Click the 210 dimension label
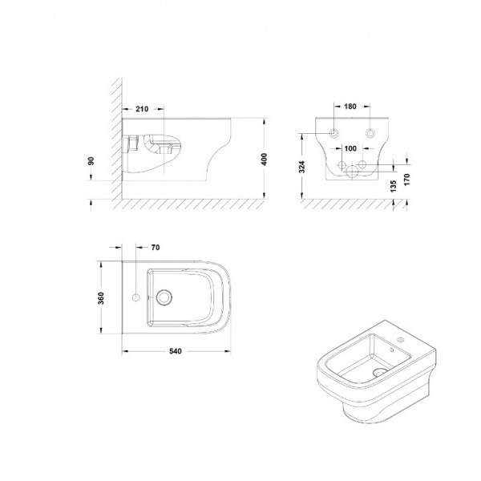[142, 109]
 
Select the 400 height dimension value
[264, 160]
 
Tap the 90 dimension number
[91, 161]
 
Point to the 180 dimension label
[350, 107]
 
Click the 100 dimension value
[350, 148]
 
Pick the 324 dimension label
[302, 168]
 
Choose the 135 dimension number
[394, 186]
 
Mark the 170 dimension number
[406, 180]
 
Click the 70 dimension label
[156, 248]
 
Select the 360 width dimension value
[101, 298]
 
